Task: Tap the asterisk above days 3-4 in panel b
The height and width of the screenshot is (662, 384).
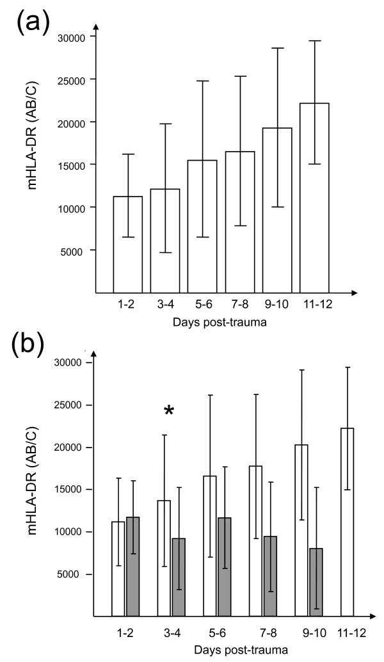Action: click(x=168, y=411)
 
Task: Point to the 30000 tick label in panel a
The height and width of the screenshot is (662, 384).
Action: click(x=72, y=36)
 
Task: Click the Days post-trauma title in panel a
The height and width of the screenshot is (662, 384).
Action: click(x=220, y=322)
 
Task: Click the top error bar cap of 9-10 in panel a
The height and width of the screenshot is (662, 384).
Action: click(x=276, y=48)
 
